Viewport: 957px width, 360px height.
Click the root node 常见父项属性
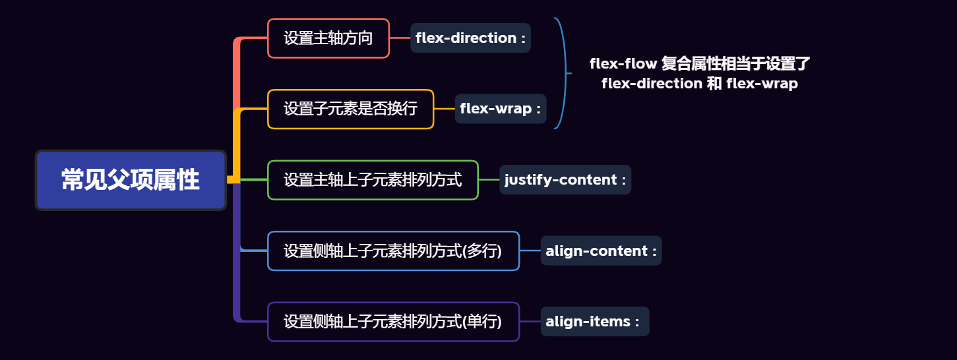click(x=131, y=180)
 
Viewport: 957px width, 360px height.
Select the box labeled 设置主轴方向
click(x=328, y=38)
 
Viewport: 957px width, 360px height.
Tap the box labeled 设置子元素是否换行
click(x=350, y=109)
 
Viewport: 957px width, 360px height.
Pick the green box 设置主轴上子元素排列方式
click(x=373, y=180)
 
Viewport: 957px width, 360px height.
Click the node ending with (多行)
click(x=393, y=251)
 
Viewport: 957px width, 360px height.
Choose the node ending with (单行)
click(x=393, y=322)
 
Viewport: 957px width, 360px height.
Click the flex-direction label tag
click(x=470, y=38)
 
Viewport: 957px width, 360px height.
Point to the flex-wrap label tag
click(x=501, y=109)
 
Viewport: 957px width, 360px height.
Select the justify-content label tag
click(x=565, y=180)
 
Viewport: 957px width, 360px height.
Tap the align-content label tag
click(x=601, y=251)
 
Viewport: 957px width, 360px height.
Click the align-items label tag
click(x=595, y=322)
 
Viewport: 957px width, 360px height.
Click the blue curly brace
click(x=564, y=73)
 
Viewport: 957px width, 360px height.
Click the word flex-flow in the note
click(x=623, y=64)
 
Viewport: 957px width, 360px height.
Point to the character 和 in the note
click(x=714, y=84)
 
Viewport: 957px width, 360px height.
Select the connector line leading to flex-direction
click(x=400, y=38)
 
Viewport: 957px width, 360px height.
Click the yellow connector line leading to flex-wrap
click(x=445, y=109)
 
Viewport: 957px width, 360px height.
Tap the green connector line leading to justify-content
click(x=489, y=180)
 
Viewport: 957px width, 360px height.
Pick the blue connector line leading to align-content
click(x=530, y=251)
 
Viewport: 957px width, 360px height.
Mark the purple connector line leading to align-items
click(x=530, y=322)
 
